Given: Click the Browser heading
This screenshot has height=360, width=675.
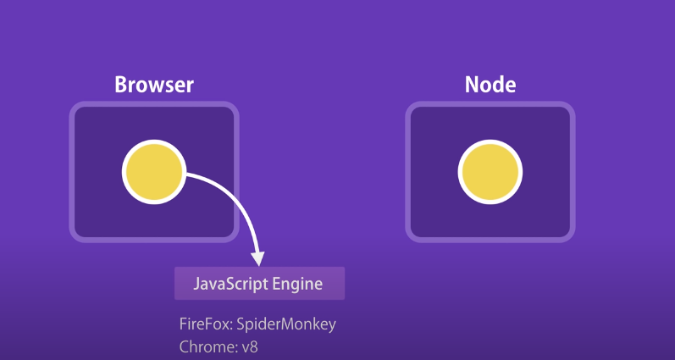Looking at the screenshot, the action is click(x=154, y=85).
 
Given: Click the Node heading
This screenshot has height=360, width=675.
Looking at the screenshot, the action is click(x=490, y=85).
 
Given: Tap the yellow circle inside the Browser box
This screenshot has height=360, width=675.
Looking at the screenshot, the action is click(x=154, y=173).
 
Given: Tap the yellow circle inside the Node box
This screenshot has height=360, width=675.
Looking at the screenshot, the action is click(x=490, y=173).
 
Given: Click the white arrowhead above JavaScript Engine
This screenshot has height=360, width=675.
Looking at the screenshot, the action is click(x=258, y=258).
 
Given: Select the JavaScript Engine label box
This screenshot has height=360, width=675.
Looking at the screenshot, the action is click(x=259, y=284).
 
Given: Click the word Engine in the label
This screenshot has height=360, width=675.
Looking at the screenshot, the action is click(x=297, y=284).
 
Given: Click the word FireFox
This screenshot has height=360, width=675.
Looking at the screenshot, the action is click(x=202, y=324).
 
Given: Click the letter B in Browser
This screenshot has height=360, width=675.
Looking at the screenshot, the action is click(x=120, y=85).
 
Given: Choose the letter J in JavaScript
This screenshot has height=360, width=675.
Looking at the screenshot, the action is click(x=197, y=284).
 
